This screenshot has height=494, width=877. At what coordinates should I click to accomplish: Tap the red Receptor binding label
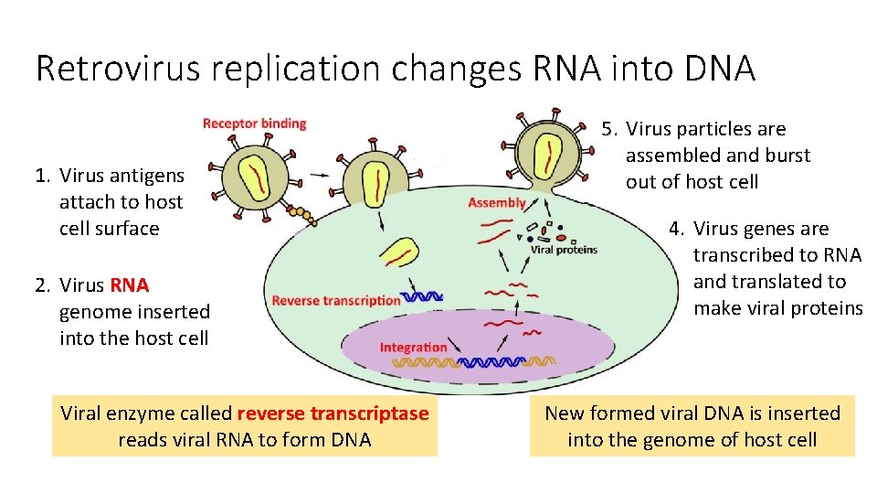254,123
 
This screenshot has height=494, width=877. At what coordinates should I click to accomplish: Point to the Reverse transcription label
336,300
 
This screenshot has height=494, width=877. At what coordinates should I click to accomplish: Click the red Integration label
413,347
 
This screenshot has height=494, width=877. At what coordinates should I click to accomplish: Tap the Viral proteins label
564,250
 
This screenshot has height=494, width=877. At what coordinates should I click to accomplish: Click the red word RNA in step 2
130,285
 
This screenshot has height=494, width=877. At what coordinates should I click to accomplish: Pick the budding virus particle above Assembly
547,153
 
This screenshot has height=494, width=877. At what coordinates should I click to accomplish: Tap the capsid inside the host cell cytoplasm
400,256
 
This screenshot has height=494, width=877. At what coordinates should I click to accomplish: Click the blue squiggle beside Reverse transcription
423,296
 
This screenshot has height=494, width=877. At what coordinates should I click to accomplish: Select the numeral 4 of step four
675,229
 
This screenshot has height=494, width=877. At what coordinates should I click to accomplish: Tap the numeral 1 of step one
41,176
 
